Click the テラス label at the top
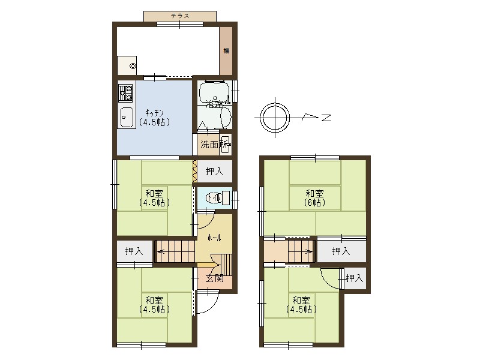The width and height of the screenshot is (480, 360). (x=180, y=16)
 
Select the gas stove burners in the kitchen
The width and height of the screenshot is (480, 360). (x=126, y=94)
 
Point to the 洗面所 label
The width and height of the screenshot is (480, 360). (x=214, y=144)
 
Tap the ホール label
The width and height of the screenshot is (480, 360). (x=214, y=238)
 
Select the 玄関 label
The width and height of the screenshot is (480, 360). (x=214, y=278)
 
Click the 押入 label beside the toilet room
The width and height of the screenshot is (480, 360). (x=214, y=172)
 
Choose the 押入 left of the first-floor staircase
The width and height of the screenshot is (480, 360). (x=134, y=251)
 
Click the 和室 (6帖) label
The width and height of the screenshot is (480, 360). (x=315, y=197)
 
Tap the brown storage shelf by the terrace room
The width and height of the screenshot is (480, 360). (x=226, y=51)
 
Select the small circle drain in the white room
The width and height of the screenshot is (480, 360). (x=133, y=67)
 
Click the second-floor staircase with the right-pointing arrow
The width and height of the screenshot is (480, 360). (x=301, y=250)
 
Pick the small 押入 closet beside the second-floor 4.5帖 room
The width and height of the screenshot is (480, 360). (x=355, y=278)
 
